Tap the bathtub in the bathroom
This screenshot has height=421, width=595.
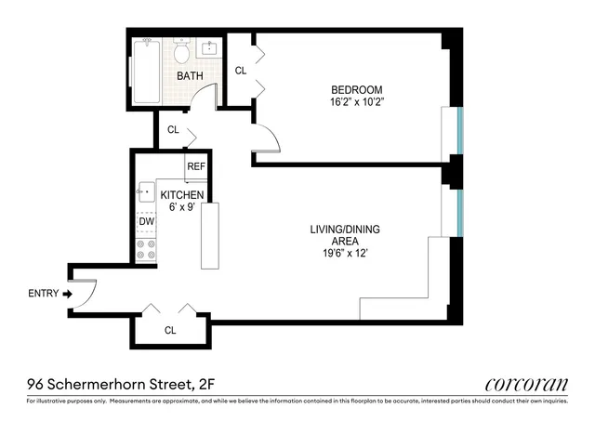pyautogui.click(x=147, y=72)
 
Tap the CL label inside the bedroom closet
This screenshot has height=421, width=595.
pyautogui.click(x=240, y=71)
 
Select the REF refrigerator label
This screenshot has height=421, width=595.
pyautogui.click(x=195, y=167)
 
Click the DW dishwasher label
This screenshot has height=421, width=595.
pyautogui.click(x=146, y=222)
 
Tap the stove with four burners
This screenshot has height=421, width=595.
pyautogui.click(x=146, y=249)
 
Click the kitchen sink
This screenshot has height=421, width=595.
pyautogui.click(x=145, y=192)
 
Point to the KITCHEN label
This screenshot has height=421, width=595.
pyautogui.click(x=182, y=195)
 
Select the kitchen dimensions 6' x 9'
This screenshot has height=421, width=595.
pyautogui.click(x=182, y=207)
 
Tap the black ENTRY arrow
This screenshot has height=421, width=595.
pyautogui.click(x=67, y=294)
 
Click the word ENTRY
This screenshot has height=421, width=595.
pyautogui.click(x=43, y=294)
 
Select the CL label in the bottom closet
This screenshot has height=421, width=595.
pyautogui.click(x=170, y=330)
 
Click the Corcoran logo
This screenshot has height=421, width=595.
pyautogui.click(x=526, y=384)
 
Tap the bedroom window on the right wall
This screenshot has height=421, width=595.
pyautogui.click(x=457, y=131)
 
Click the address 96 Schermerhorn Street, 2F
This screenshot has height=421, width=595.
pyautogui.click(x=114, y=383)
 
